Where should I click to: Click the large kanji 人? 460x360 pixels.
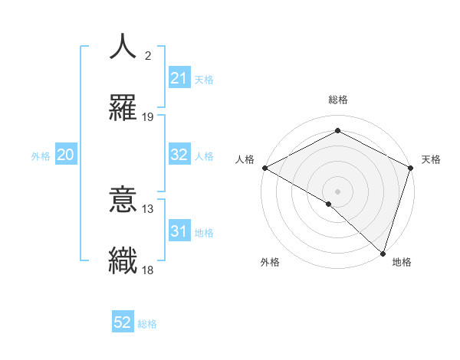coord(123,47)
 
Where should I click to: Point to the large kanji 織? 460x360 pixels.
coord(123,260)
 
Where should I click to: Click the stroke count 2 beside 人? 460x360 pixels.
coord(148,57)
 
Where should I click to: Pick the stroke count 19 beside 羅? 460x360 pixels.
coord(148,117)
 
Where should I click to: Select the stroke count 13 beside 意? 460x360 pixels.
coord(148,209)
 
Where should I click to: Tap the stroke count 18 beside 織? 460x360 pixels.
coord(148,270)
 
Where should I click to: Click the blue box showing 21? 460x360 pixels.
coord(179,78)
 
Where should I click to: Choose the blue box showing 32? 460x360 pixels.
coord(179,155)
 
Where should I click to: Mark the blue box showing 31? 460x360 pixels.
coord(179,231)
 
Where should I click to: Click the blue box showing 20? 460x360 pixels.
coord(66,155)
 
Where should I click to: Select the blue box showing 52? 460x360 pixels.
coord(123,322)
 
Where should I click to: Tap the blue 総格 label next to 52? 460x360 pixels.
coord(147,324)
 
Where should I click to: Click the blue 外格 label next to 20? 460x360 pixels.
coord(41,156)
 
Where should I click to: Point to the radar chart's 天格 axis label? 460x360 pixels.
coord(431,159)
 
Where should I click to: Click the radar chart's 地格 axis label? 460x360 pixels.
coord(402,263)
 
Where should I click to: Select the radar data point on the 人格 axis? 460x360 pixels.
coord(264,168)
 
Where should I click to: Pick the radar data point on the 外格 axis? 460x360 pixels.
coord(329,204)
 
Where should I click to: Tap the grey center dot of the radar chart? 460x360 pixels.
coord(337,191)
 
